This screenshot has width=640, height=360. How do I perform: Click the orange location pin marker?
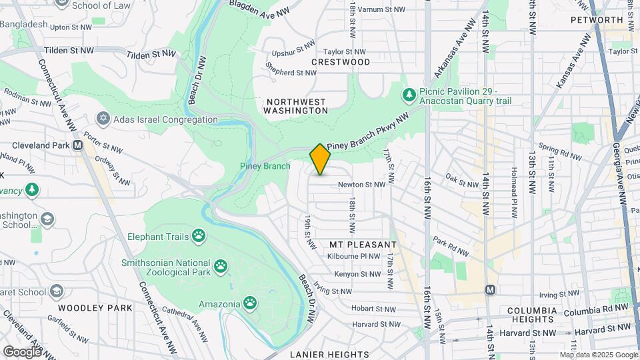tap(320, 159)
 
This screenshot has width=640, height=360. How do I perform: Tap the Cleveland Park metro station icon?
tap(78, 145)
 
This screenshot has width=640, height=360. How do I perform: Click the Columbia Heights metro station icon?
tap(491, 289)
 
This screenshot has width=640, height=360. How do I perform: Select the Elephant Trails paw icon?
tap(198, 235)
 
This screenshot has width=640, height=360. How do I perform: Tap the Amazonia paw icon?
tap(250, 304)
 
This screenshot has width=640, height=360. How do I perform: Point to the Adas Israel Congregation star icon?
tap(103, 119)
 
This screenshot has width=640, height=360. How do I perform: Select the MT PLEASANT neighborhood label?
tap(363, 245)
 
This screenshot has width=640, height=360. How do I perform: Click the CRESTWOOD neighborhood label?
tap(340, 62)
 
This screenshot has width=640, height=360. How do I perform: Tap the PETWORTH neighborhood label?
tap(597, 20)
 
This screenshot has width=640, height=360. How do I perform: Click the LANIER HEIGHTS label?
tap(329, 354)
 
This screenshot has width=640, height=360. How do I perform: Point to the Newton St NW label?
tap(361, 185)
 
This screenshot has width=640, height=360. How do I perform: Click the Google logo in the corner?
tap(22, 351)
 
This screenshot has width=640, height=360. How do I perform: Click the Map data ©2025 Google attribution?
tap(598, 355)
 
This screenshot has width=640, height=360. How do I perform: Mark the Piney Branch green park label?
tap(265, 166)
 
